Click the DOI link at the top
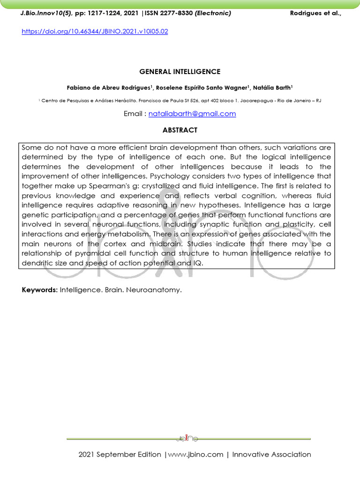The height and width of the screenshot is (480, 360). point(95,32)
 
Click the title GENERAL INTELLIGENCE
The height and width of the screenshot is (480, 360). point(180,72)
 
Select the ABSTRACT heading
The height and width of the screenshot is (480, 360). point(180,130)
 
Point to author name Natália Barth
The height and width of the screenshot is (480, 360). point(272,87)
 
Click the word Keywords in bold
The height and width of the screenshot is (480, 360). point(39,290)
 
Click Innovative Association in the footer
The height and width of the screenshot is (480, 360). point(271,454)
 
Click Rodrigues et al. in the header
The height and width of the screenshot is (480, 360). point(315,13)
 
